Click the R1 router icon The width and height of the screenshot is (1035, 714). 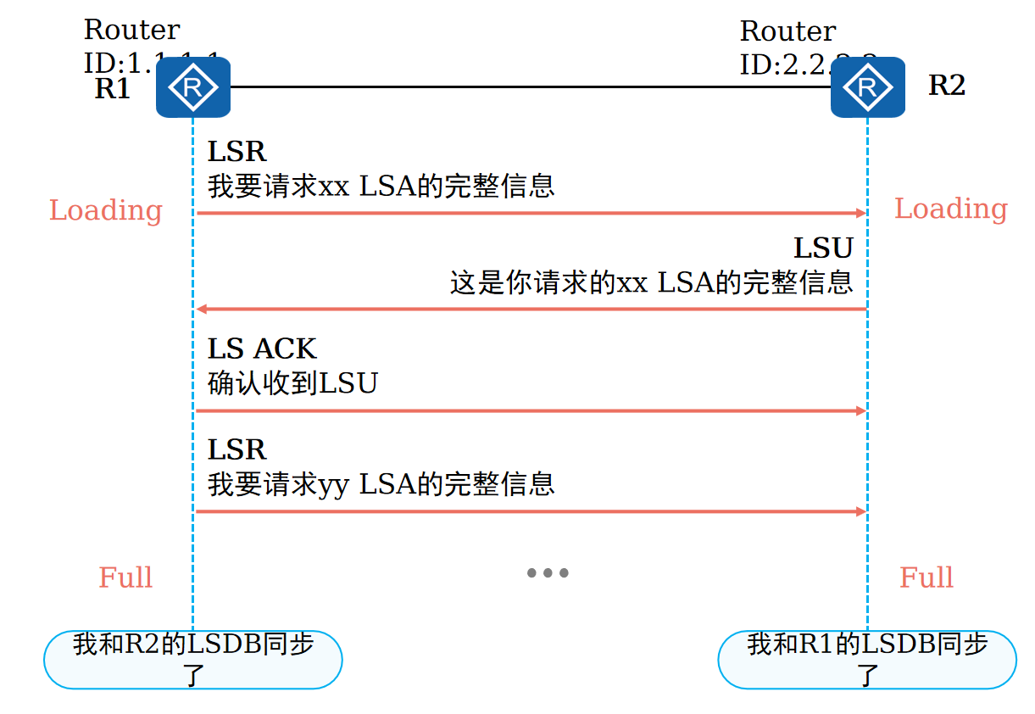click(x=192, y=86)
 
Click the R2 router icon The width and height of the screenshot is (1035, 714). click(x=867, y=86)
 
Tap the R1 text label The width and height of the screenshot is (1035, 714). click(x=113, y=88)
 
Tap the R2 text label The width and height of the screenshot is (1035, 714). click(x=947, y=86)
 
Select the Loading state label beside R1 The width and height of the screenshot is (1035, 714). click(x=105, y=210)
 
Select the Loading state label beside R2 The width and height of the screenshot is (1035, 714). click(x=950, y=209)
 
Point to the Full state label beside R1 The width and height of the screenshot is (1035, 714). click(x=125, y=577)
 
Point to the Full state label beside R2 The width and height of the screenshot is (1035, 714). click(x=926, y=577)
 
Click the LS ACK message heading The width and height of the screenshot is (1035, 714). click(x=262, y=349)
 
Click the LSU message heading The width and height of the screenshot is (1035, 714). click(x=822, y=248)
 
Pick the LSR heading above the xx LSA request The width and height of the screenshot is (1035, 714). click(x=237, y=152)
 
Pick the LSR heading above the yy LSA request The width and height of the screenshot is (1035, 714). click(x=237, y=449)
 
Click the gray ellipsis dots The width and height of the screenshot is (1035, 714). click(x=548, y=573)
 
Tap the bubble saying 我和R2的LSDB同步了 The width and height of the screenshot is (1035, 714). click(x=192, y=659)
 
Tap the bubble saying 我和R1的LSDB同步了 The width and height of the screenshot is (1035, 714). click(x=866, y=659)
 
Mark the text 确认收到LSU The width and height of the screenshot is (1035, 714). click(x=292, y=383)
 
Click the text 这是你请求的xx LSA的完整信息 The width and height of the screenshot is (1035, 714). click(x=651, y=282)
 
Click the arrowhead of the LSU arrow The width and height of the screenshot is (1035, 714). click(x=201, y=310)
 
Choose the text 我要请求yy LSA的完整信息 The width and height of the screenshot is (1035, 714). click(x=381, y=484)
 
